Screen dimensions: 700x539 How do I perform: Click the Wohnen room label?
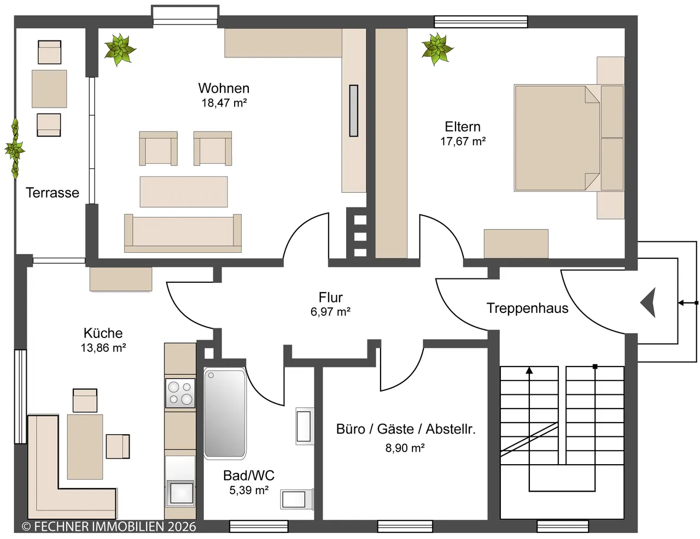[x=224, y=88]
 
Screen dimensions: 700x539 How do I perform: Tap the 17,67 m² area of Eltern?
[x=463, y=141]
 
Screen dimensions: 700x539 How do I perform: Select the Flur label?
[x=330, y=298]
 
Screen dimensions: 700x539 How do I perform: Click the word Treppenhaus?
[x=527, y=308]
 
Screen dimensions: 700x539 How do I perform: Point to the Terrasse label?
[x=52, y=193]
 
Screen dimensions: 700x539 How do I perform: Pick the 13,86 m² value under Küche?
[x=103, y=348]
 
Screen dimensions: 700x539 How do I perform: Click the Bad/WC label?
[x=249, y=475]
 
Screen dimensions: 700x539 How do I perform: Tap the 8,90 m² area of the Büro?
[x=405, y=448]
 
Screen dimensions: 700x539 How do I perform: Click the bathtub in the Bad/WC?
[x=225, y=413]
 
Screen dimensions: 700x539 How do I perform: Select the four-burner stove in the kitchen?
[x=180, y=393]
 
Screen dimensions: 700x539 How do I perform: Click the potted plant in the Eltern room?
[x=437, y=49]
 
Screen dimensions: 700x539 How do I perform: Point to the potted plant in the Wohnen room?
[x=120, y=50]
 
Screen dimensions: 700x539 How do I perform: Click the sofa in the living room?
[x=183, y=233]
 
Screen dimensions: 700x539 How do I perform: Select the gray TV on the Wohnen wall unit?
[x=354, y=111]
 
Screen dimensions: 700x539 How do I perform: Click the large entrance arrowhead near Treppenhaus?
[x=648, y=303]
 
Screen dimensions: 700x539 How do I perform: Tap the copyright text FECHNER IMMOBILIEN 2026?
[x=109, y=526]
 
